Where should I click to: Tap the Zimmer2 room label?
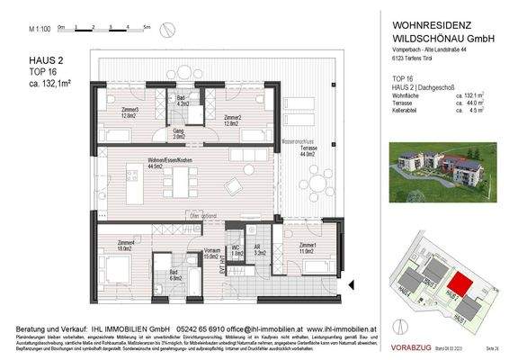pos(233,118)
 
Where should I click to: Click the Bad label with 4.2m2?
pos(183,101)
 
